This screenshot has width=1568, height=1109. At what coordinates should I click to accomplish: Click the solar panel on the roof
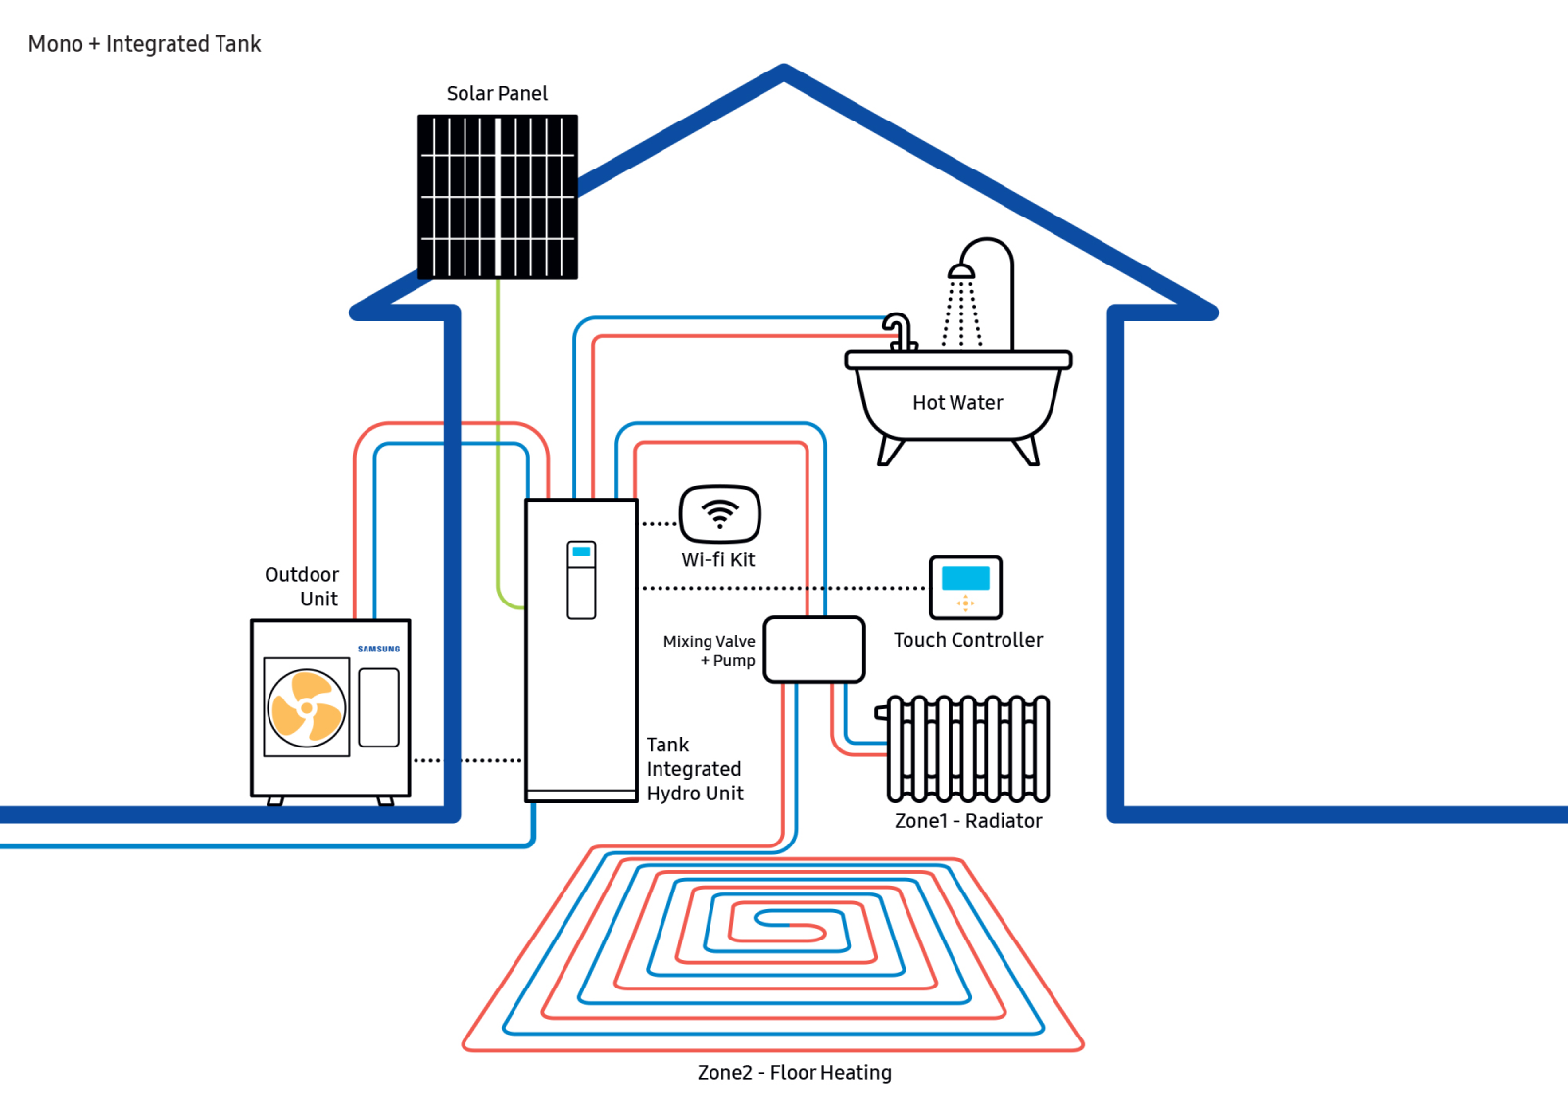tap(498, 197)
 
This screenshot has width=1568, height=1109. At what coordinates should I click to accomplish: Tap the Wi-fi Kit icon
tap(720, 513)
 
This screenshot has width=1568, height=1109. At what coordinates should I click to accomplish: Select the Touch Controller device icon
tap(965, 587)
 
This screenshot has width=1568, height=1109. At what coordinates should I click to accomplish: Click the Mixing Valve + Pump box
tap(814, 649)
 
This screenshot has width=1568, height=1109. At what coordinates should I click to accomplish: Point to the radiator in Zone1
tap(968, 748)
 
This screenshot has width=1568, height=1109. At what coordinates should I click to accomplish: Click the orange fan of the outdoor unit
tap(307, 706)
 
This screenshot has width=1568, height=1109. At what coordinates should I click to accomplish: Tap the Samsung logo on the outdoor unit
tap(378, 649)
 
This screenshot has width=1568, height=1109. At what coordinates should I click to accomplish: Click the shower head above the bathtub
tap(961, 271)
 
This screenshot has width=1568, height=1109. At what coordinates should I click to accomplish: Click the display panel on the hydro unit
tap(581, 580)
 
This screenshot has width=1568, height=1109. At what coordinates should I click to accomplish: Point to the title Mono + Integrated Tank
tap(144, 44)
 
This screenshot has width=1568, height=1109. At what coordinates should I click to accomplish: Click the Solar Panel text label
tap(497, 94)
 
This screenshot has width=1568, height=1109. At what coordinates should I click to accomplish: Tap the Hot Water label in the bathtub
tap(957, 403)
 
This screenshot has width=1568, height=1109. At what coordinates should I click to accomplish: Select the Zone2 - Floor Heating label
tap(794, 1073)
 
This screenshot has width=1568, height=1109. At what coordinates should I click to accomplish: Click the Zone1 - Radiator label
tap(968, 821)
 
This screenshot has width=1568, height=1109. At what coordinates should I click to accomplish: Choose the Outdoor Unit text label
tap(303, 587)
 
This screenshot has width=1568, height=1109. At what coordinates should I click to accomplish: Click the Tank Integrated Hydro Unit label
tap(695, 769)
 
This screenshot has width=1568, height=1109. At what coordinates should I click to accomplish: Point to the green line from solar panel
tap(498, 441)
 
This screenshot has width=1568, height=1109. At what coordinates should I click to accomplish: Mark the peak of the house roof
tap(784, 70)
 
